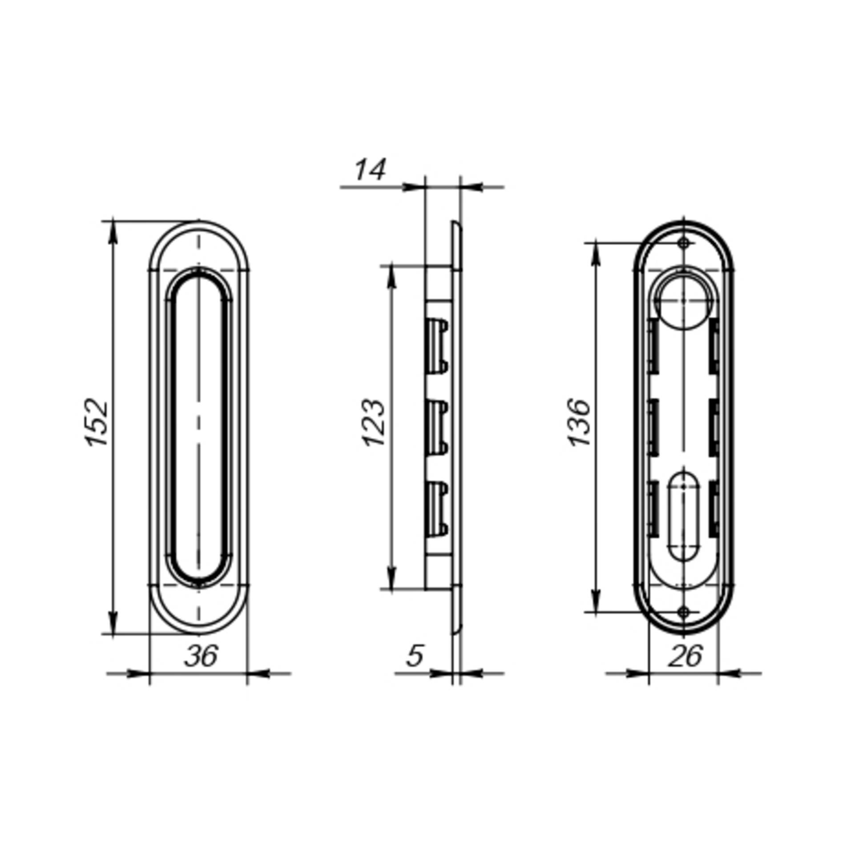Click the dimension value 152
[97, 422]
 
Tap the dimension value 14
[370, 170]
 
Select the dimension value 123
[373, 423]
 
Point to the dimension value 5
[415, 656]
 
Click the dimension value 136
[580, 423]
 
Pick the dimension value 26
[685, 656]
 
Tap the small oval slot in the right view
[683, 516]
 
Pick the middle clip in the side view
[437, 428]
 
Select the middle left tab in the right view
[653, 428]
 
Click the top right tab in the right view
[714, 346]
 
